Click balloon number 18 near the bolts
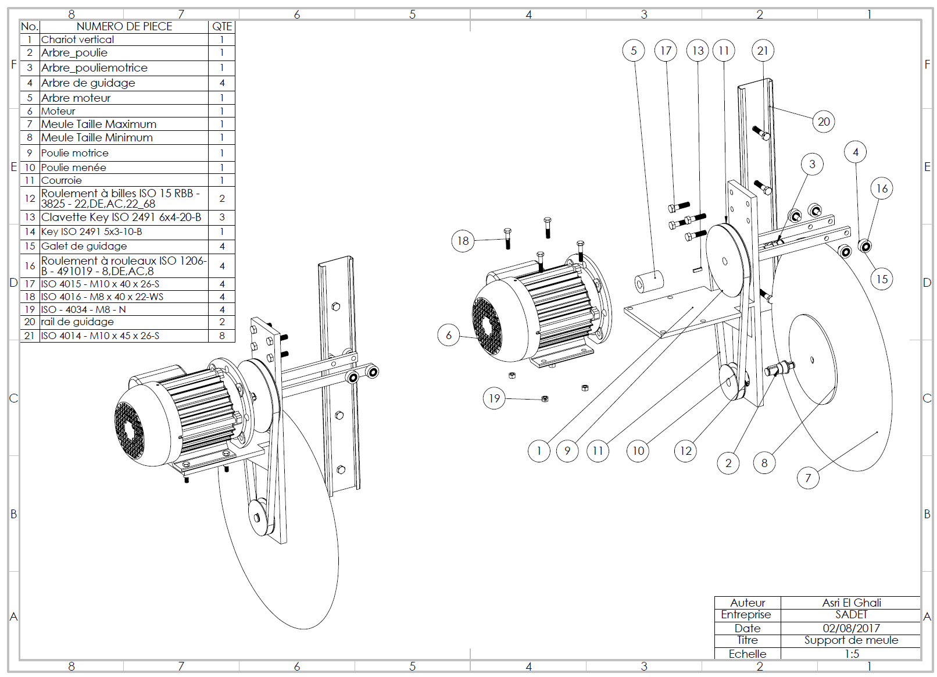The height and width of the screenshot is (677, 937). (x=463, y=241)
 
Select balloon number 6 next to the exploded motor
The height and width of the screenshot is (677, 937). (x=448, y=335)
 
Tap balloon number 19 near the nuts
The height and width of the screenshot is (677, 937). (x=494, y=398)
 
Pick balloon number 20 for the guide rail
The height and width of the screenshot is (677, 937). (x=824, y=122)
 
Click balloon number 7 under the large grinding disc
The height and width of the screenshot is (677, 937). (x=808, y=478)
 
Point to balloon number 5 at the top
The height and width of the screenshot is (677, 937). (x=634, y=51)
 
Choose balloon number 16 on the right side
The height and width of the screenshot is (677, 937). (x=882, y=188)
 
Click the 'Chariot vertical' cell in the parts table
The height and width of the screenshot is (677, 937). (x=77, y=40)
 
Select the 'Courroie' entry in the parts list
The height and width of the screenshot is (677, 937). (x=62, y=180)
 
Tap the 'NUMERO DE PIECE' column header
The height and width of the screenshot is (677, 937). (x=124, y=26)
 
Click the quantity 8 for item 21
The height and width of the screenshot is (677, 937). (x=222, y=336)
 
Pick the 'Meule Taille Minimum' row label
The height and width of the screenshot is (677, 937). (x=97, y=138)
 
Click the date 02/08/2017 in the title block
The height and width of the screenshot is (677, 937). (x=851, y=628)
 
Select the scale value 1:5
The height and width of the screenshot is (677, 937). (x=852, y=654)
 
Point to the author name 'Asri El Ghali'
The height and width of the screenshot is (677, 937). (x=851, y=603)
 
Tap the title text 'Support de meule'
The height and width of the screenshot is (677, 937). (x=851, y=640)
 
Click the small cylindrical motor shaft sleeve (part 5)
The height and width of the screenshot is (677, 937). (x=649, y=282)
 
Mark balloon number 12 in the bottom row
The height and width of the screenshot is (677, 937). (x=686, y=451)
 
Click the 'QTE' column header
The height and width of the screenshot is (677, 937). (x=222, y=26)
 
